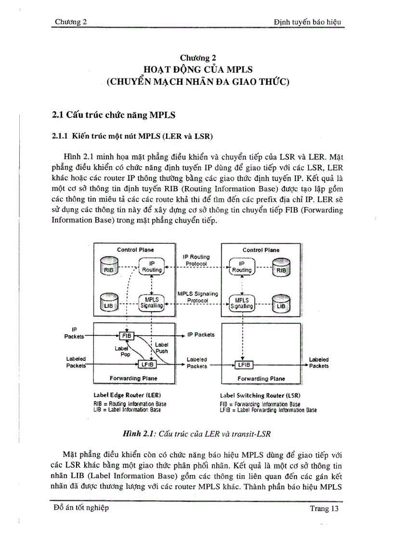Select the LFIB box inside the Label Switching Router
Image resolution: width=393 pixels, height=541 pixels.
(245, 365)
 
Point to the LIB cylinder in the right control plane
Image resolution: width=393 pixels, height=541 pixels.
(281, 305)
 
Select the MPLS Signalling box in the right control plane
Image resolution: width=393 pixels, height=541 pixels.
(242, 303)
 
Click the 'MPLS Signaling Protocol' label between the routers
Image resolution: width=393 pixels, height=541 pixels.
(197, 297)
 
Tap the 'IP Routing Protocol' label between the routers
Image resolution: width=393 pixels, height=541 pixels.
(196, 261)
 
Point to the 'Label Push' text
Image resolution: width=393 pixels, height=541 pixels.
(161, 348)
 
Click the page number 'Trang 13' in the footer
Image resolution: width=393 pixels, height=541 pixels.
(324, 509)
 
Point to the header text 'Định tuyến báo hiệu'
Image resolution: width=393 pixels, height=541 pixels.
(307, 22)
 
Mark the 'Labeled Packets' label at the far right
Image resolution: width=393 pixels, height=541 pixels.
(319, 362)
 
